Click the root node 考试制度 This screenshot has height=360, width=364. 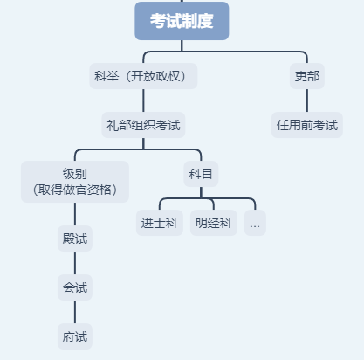pos(182,21)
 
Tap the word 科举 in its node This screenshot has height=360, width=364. pos(106,76)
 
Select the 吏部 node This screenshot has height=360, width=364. pos(306,76)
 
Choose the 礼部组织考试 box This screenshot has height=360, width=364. pos(143,125)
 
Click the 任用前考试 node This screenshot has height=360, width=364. pos(306,125)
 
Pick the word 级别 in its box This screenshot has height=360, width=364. pos(75,174)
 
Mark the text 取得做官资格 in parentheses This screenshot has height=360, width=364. pos(75,190)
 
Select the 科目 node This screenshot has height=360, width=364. pos(200,174)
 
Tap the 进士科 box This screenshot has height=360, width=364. pos(159,223)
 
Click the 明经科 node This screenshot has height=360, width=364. pos(214,223)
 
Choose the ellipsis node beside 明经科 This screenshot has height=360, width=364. pos(255,223)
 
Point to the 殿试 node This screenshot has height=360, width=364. pos(75,239)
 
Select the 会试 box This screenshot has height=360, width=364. pos(75,287)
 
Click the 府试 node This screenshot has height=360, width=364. pos(75,336)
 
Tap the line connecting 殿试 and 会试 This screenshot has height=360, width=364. pos(75,263)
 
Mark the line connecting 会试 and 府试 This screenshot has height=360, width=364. pos(75,312)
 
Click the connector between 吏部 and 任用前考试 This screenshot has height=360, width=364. pos(306,100)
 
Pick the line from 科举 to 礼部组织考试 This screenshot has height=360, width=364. pos(143,100)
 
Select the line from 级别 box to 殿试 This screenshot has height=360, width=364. pos(75,214)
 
